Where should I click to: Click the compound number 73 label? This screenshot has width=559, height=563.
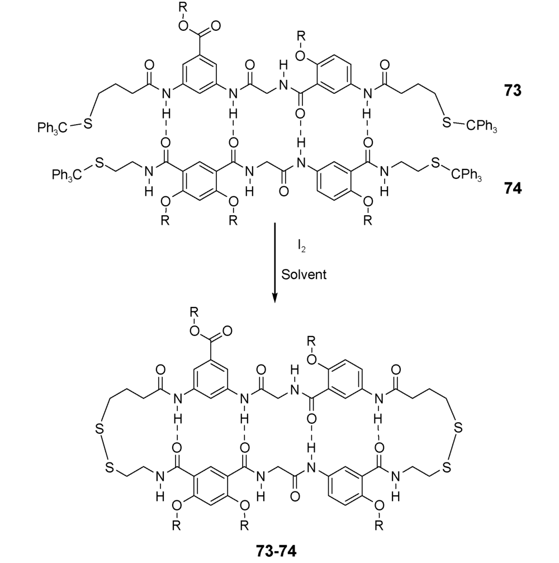tap(513, 91)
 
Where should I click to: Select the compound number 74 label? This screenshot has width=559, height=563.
tap(513, 188)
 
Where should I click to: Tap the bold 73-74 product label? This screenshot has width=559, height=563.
tap(277, 550)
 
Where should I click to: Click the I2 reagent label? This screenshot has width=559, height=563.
tap(301, 247)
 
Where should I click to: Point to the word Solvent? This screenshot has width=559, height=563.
tap(304, 275)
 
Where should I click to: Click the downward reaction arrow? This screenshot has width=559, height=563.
tap(274, 263)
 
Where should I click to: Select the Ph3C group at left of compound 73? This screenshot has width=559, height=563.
tap(52, 128)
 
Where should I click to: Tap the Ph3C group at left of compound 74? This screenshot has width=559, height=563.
tap(67, 175)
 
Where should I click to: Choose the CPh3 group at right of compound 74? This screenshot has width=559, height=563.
tap(466, 175)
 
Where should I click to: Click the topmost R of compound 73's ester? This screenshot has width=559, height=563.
tap(183, 8)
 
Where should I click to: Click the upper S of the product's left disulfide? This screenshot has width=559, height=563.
tap(100, 428)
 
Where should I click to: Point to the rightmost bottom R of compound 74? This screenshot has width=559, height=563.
tap(368, 220)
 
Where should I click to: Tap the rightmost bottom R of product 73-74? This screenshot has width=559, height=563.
tap(379, 526)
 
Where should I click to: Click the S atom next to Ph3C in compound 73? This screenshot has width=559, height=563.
tap(88, 123)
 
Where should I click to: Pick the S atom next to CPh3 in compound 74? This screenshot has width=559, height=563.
tap(435, 163)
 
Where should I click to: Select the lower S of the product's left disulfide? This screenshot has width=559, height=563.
tap(110, 467)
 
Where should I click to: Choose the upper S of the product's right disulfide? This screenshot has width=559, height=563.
tap(458, 428)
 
